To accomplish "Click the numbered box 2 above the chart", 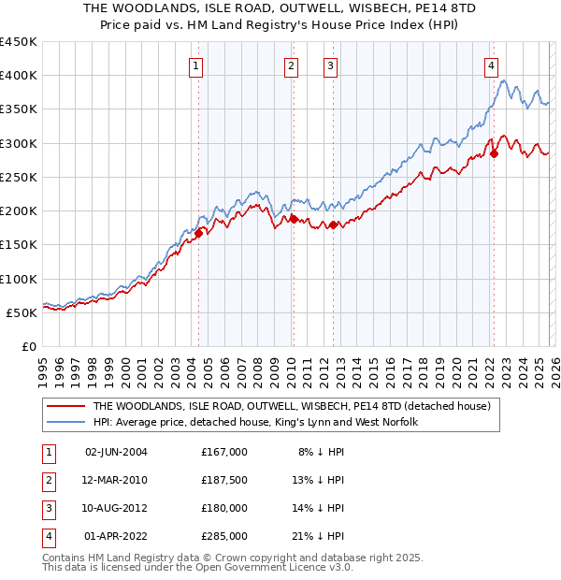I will pyautogui.click(x=292, y=65).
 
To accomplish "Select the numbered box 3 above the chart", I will pyautogui.click(x=331, y=65).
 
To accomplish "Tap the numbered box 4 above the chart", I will pyautogui.click(x=491, y=65).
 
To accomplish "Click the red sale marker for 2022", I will pyautogui.click(x=494, y=154).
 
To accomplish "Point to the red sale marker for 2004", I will pyautogui.click(x=198, y=234).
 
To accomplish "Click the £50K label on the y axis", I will pyautogui.click(x=22, y=312).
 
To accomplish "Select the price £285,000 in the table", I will pyautogui.click(x=223, y=536).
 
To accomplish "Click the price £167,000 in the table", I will pyautogui.click(x=223, y=452).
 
